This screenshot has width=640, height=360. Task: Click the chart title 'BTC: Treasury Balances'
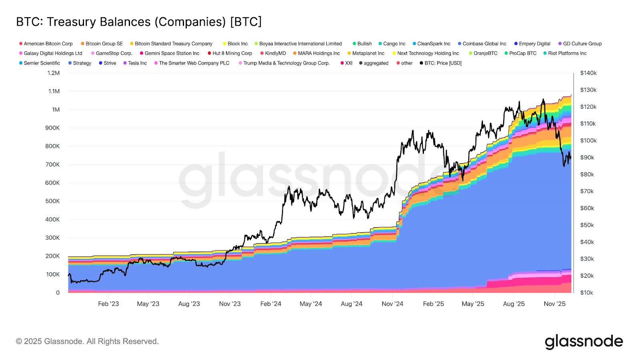pyautogui.click(x=139, y=22)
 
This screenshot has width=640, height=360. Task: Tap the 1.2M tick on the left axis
pyautogui.click(x=54, y=73)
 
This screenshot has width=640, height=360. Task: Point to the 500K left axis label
pyautogui.click(x=53, y=201)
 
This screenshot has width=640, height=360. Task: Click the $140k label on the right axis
pyautogui.click(x=588, y=73)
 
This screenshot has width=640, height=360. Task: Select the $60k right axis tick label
pyautogui.click(x=587, y=208)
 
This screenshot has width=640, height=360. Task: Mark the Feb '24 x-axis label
pyautogui.click(x=271, y=304)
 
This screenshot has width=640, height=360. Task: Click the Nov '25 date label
pyautogui.click(x=555, y=304)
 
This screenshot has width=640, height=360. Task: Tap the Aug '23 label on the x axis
pyautogui.click(x=189, y=304)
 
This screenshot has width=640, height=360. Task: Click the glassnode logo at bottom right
pyautogui.click(x=584, y=342)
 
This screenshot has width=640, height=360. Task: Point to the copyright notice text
pyautogui.click(x=87, y=342)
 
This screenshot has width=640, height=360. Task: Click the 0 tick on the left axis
pyautogui.click(x=58, y=293)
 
